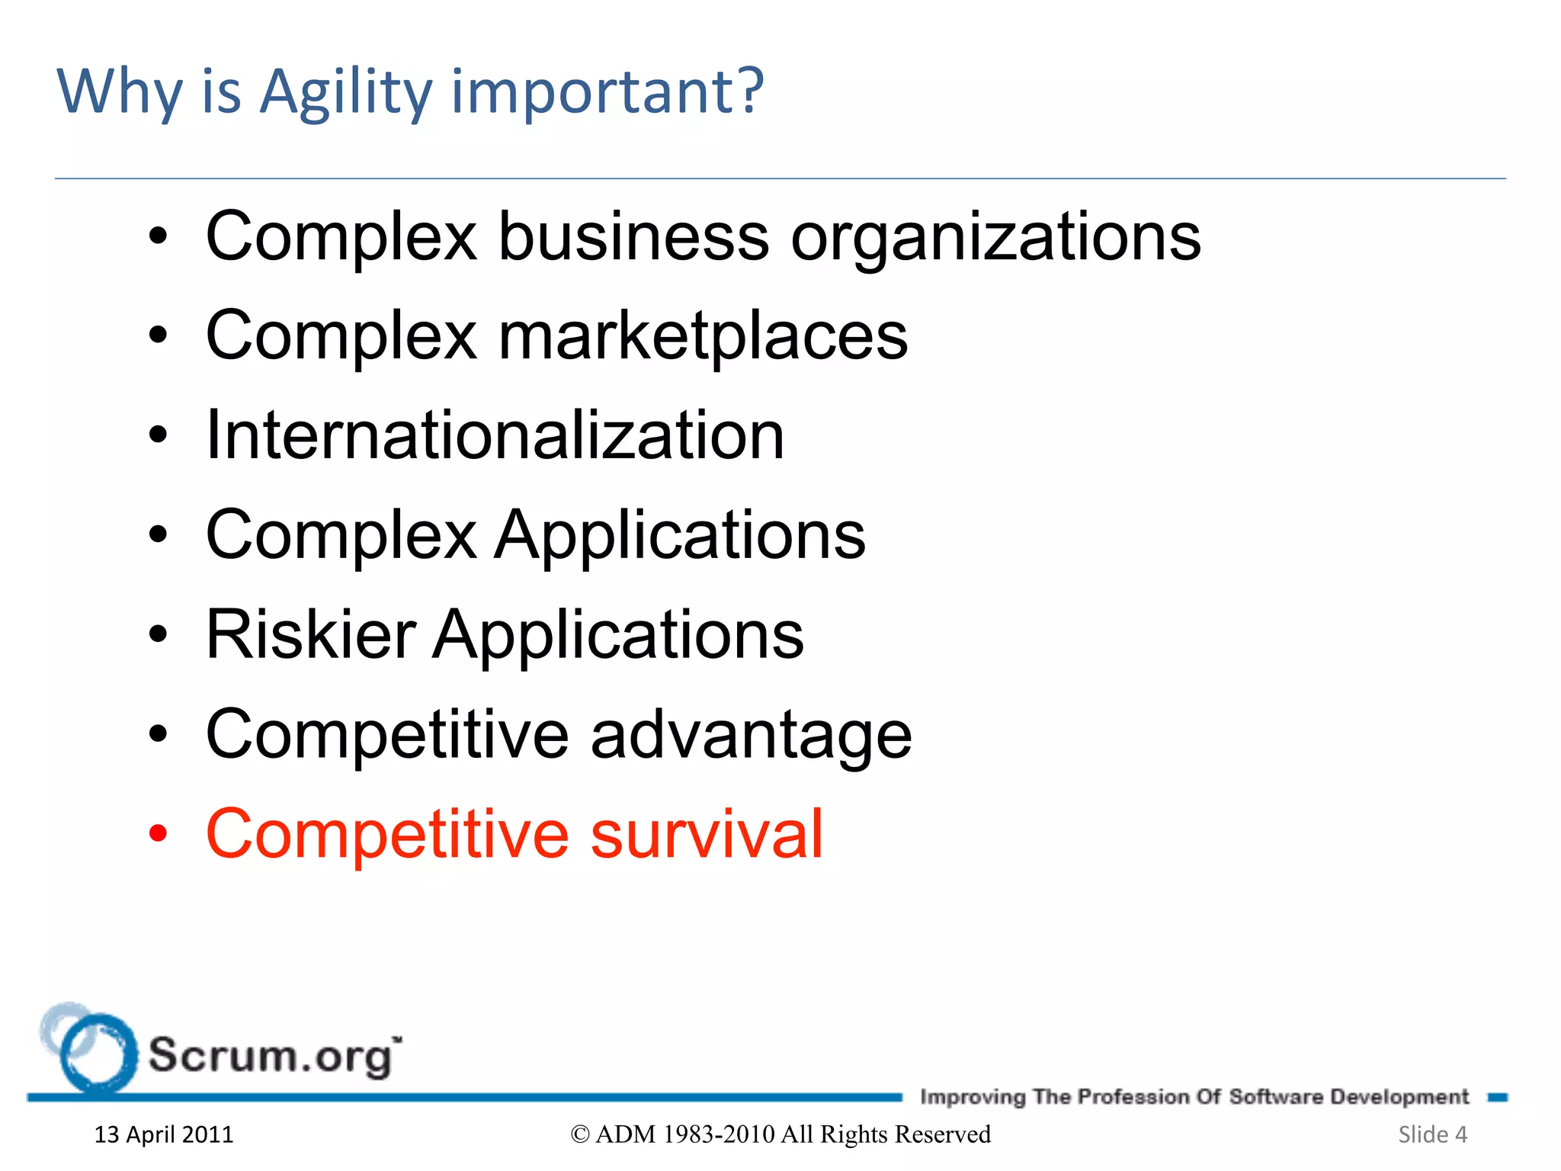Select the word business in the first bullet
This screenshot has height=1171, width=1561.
click(x=633, y=237)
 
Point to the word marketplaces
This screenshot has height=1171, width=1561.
click(x=702, y=336)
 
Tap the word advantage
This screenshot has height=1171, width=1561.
click(x=751, y=735)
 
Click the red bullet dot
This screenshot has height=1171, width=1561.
click(x=158, y=834)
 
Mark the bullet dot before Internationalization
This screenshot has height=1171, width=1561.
click(x=158, y=435)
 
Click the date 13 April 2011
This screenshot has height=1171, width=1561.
click(x=164, y=1134)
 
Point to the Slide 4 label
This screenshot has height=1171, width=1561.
click(x=1432, y=1134)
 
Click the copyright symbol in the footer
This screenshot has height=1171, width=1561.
click(x=580, y=1134)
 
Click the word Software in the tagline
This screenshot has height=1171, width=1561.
click(x=1276, y=1096)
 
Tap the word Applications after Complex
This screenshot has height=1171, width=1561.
click(x=680, y=535)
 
